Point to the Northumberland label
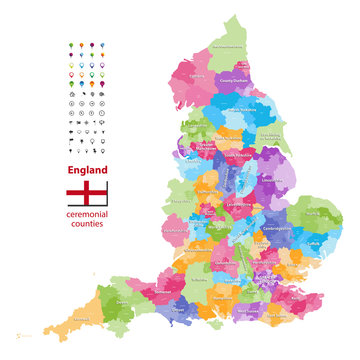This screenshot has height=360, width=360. point(229,46)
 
